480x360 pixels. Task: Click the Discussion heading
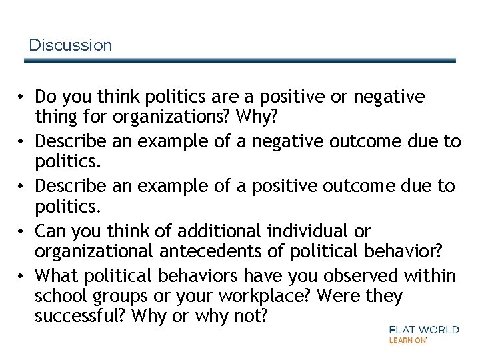pos(71,45)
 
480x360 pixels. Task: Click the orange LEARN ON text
pos(407,340)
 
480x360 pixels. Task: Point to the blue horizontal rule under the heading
pos(240,61)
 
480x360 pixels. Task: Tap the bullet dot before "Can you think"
pos(23,231)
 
